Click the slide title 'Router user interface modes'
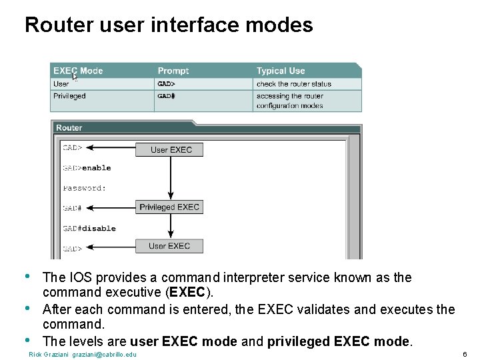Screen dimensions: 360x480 click(169, 25)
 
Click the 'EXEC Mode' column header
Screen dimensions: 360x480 click(78, 71)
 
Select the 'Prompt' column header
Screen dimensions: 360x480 click(173, 71)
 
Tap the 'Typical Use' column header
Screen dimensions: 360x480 click(281, 71)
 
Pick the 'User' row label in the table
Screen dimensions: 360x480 click(61, 84)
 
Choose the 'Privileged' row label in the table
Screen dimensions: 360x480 click(69, 96)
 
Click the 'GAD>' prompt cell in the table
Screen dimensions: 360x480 click(166, 84)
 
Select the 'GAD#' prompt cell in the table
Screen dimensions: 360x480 click(166, 96)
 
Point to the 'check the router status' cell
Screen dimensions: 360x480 click(293, 84)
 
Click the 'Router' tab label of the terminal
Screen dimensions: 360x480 click(69, 127)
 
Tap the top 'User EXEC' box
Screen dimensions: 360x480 click(171, 149)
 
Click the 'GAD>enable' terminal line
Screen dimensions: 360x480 click(87, 168)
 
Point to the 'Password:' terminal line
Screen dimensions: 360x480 click(85, 188)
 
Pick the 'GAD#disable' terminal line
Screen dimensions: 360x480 click(89, 228)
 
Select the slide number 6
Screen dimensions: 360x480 click(464, 354)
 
